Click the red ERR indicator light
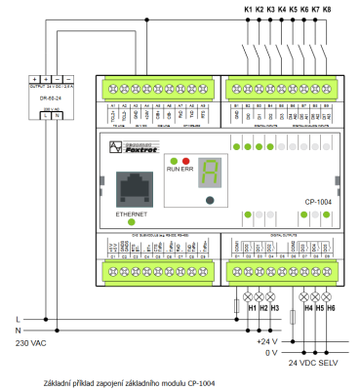coord(185,159)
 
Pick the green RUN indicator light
coord(173,159)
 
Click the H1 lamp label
coord(252,308)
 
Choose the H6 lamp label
coord(332,308)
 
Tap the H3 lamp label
coord(275,308)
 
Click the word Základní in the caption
coord(60,383)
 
